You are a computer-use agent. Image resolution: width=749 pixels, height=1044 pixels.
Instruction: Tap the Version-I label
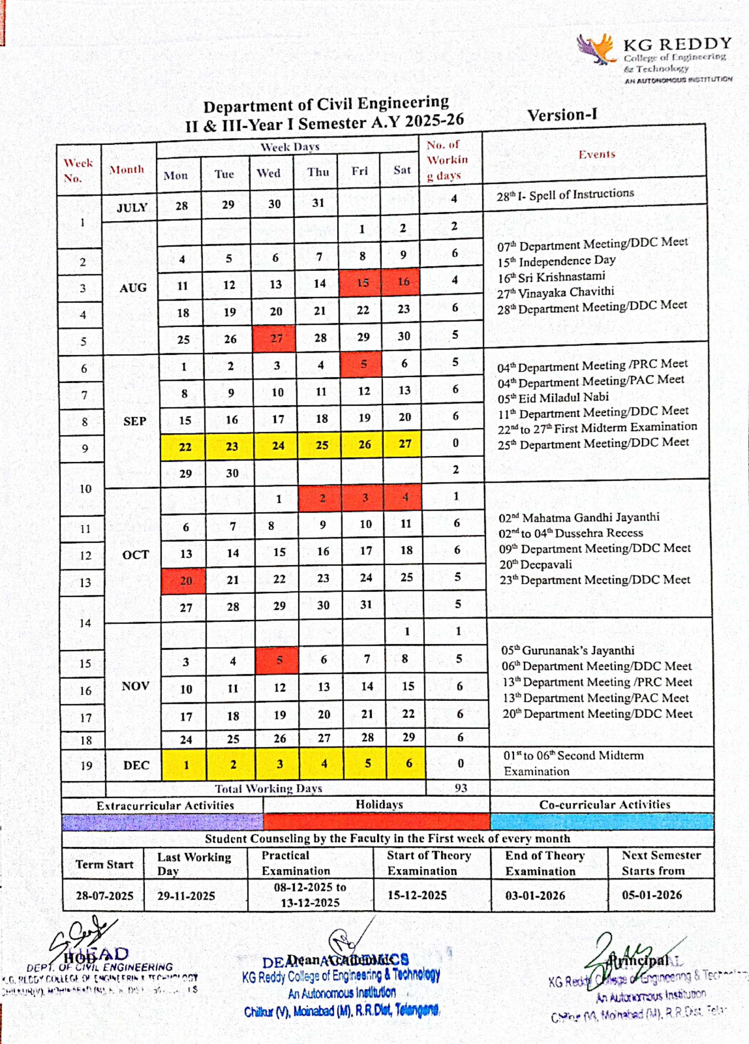pos(562,115)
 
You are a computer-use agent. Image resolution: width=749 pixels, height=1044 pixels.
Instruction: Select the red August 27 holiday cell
pos(275,338)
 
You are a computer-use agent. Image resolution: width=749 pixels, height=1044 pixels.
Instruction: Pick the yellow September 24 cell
pos(278,445)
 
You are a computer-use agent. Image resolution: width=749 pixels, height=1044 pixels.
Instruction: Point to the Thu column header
pos(318,172)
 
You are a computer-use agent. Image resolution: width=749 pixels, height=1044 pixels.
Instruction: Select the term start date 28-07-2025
pos(105,895)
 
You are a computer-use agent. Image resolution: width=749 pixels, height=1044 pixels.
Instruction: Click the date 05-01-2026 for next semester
pos(651,894)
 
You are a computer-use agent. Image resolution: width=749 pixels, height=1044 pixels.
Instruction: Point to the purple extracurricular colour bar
pos(162,822)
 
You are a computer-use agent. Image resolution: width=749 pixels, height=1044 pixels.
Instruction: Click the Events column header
pos(597,154)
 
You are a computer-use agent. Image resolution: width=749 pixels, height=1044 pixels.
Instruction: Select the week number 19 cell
pos(86,765)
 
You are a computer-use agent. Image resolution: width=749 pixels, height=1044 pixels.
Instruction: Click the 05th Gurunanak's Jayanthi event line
pos(568,650)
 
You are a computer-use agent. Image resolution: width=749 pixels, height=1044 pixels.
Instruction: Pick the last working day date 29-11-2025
pos(186,895)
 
